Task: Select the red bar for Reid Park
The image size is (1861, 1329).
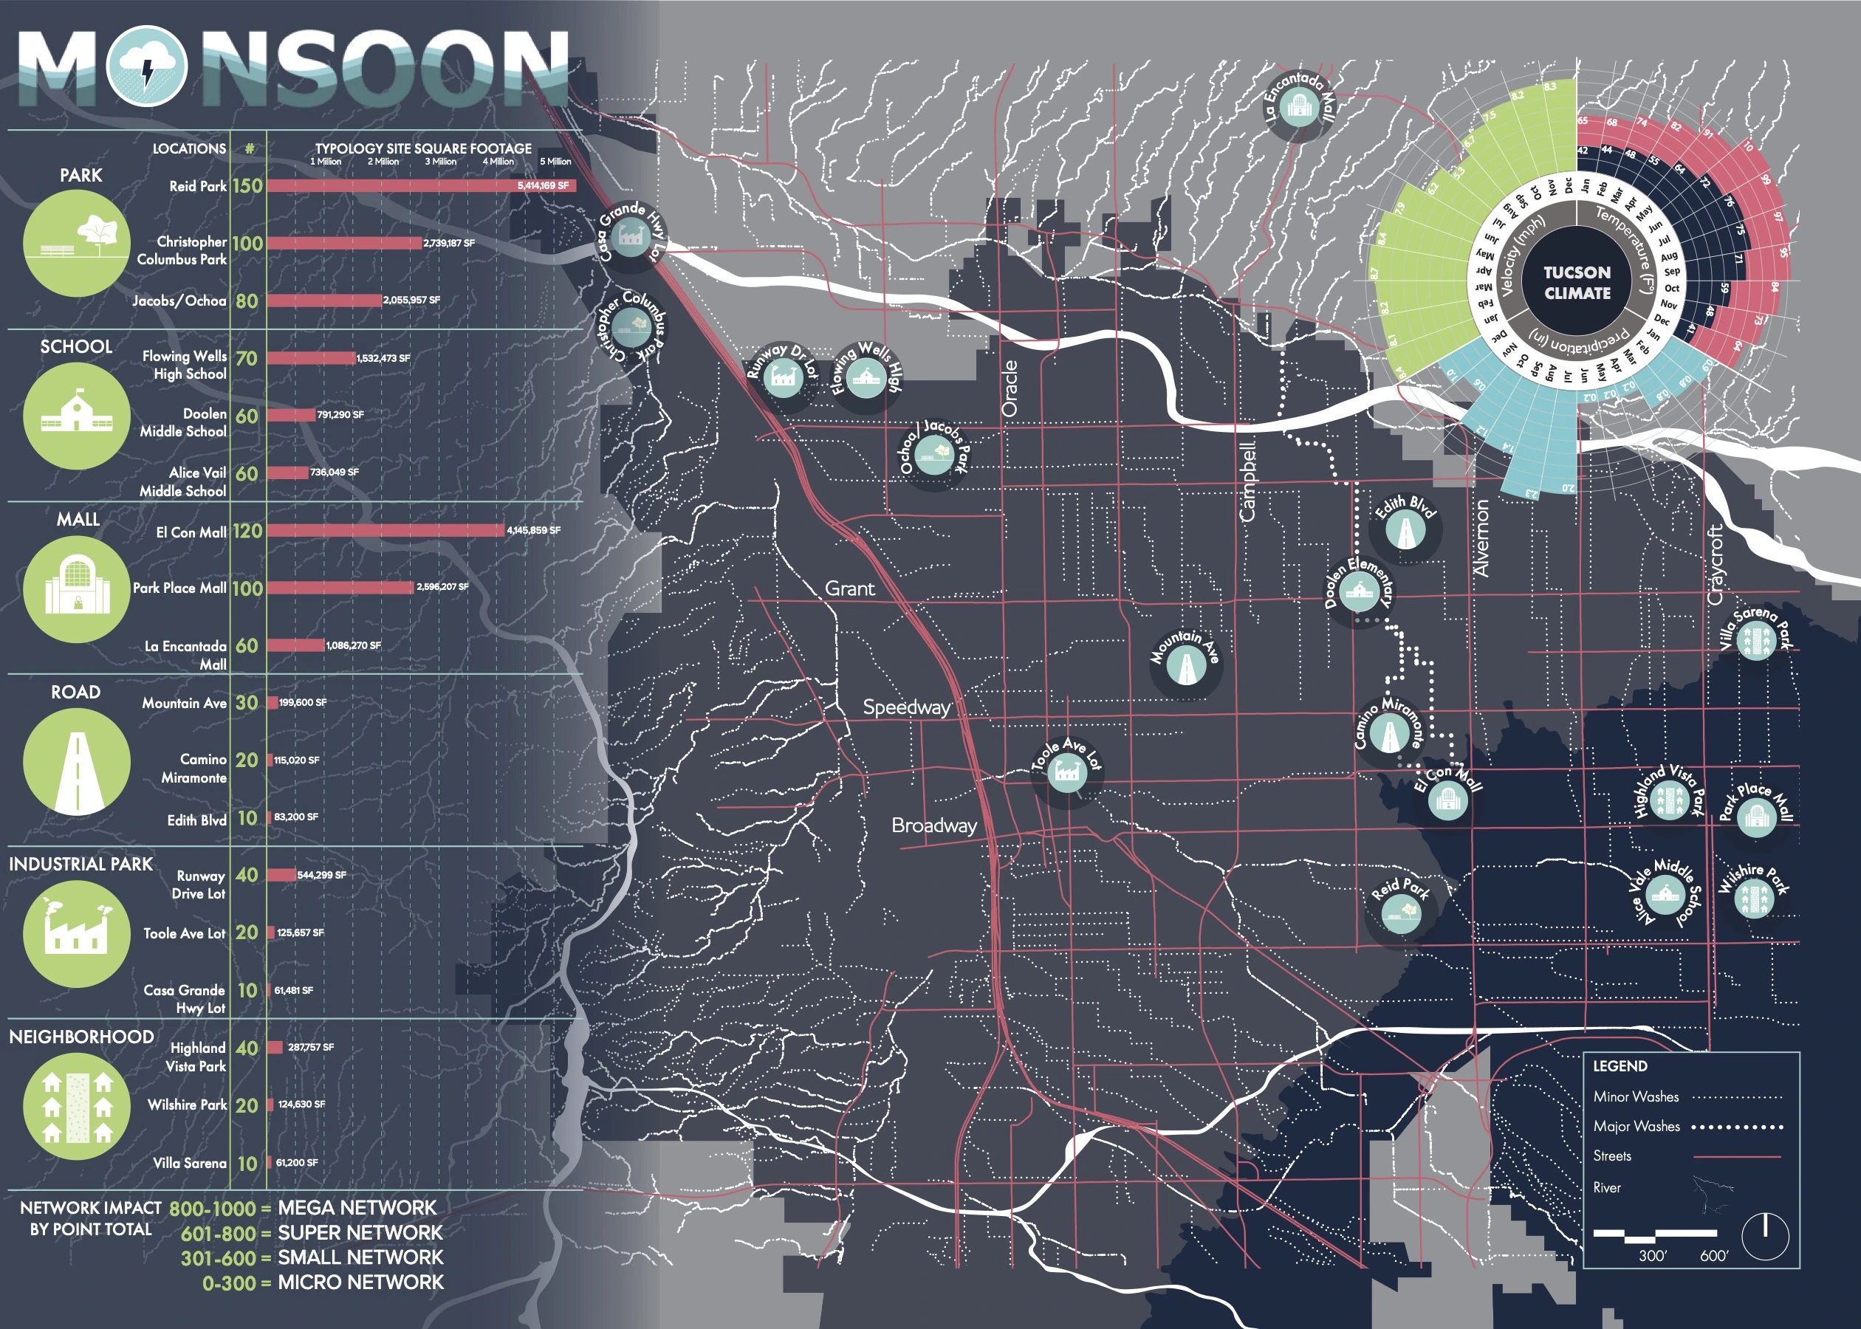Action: click(x=421, y=186)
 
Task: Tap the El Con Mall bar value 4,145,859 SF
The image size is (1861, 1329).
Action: click(x=534, y=530)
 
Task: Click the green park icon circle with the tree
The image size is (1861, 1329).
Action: click(x=77, y=243)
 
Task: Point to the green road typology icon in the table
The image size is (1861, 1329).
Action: click(x=77, y=761)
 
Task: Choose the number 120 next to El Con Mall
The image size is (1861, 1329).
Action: click(x=247, y=531)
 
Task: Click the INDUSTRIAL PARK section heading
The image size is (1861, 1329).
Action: click(x=80, y=864)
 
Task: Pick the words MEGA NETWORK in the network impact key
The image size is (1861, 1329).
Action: click(x=357, y=1208)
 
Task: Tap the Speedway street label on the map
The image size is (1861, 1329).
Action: click(x=907, y=707)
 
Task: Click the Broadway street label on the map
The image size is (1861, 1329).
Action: click(x=933, y=825)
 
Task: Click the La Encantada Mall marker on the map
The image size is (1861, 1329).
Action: click(x=1298, y=106)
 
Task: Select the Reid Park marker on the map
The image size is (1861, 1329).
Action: click(x=1400, y=911)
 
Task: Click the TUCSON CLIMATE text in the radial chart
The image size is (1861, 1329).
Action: click(x=1576, y=282)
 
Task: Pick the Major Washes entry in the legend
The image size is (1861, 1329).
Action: click(x=1636, y=1127)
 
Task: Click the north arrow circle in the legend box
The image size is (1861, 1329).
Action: click(x=1765, y=1236)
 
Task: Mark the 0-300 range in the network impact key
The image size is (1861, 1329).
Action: click(x=228, y=1283)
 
